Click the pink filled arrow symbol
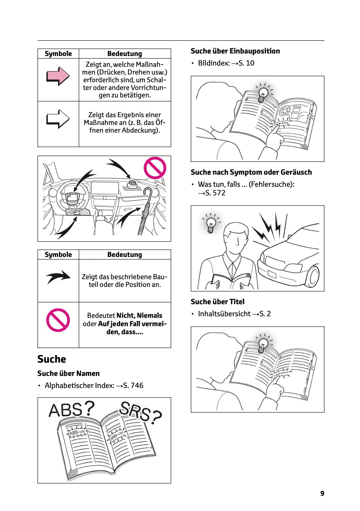click(58, 76)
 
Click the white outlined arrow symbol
click(58, 119)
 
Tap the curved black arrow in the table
click(58, 277)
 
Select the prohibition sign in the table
click(58, 320)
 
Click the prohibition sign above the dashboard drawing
click(155, 168)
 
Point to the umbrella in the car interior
click(146, 211)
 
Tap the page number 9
click(322, 493)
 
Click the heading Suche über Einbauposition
click(235, 51)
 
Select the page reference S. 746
click(133, 385)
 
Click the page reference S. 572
click(215, 193)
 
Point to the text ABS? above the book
click(71, 410)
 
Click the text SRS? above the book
click(141, 412)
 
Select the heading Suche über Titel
click(218, 302)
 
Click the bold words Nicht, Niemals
click(139, 315)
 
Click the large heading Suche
click(52, 359)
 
